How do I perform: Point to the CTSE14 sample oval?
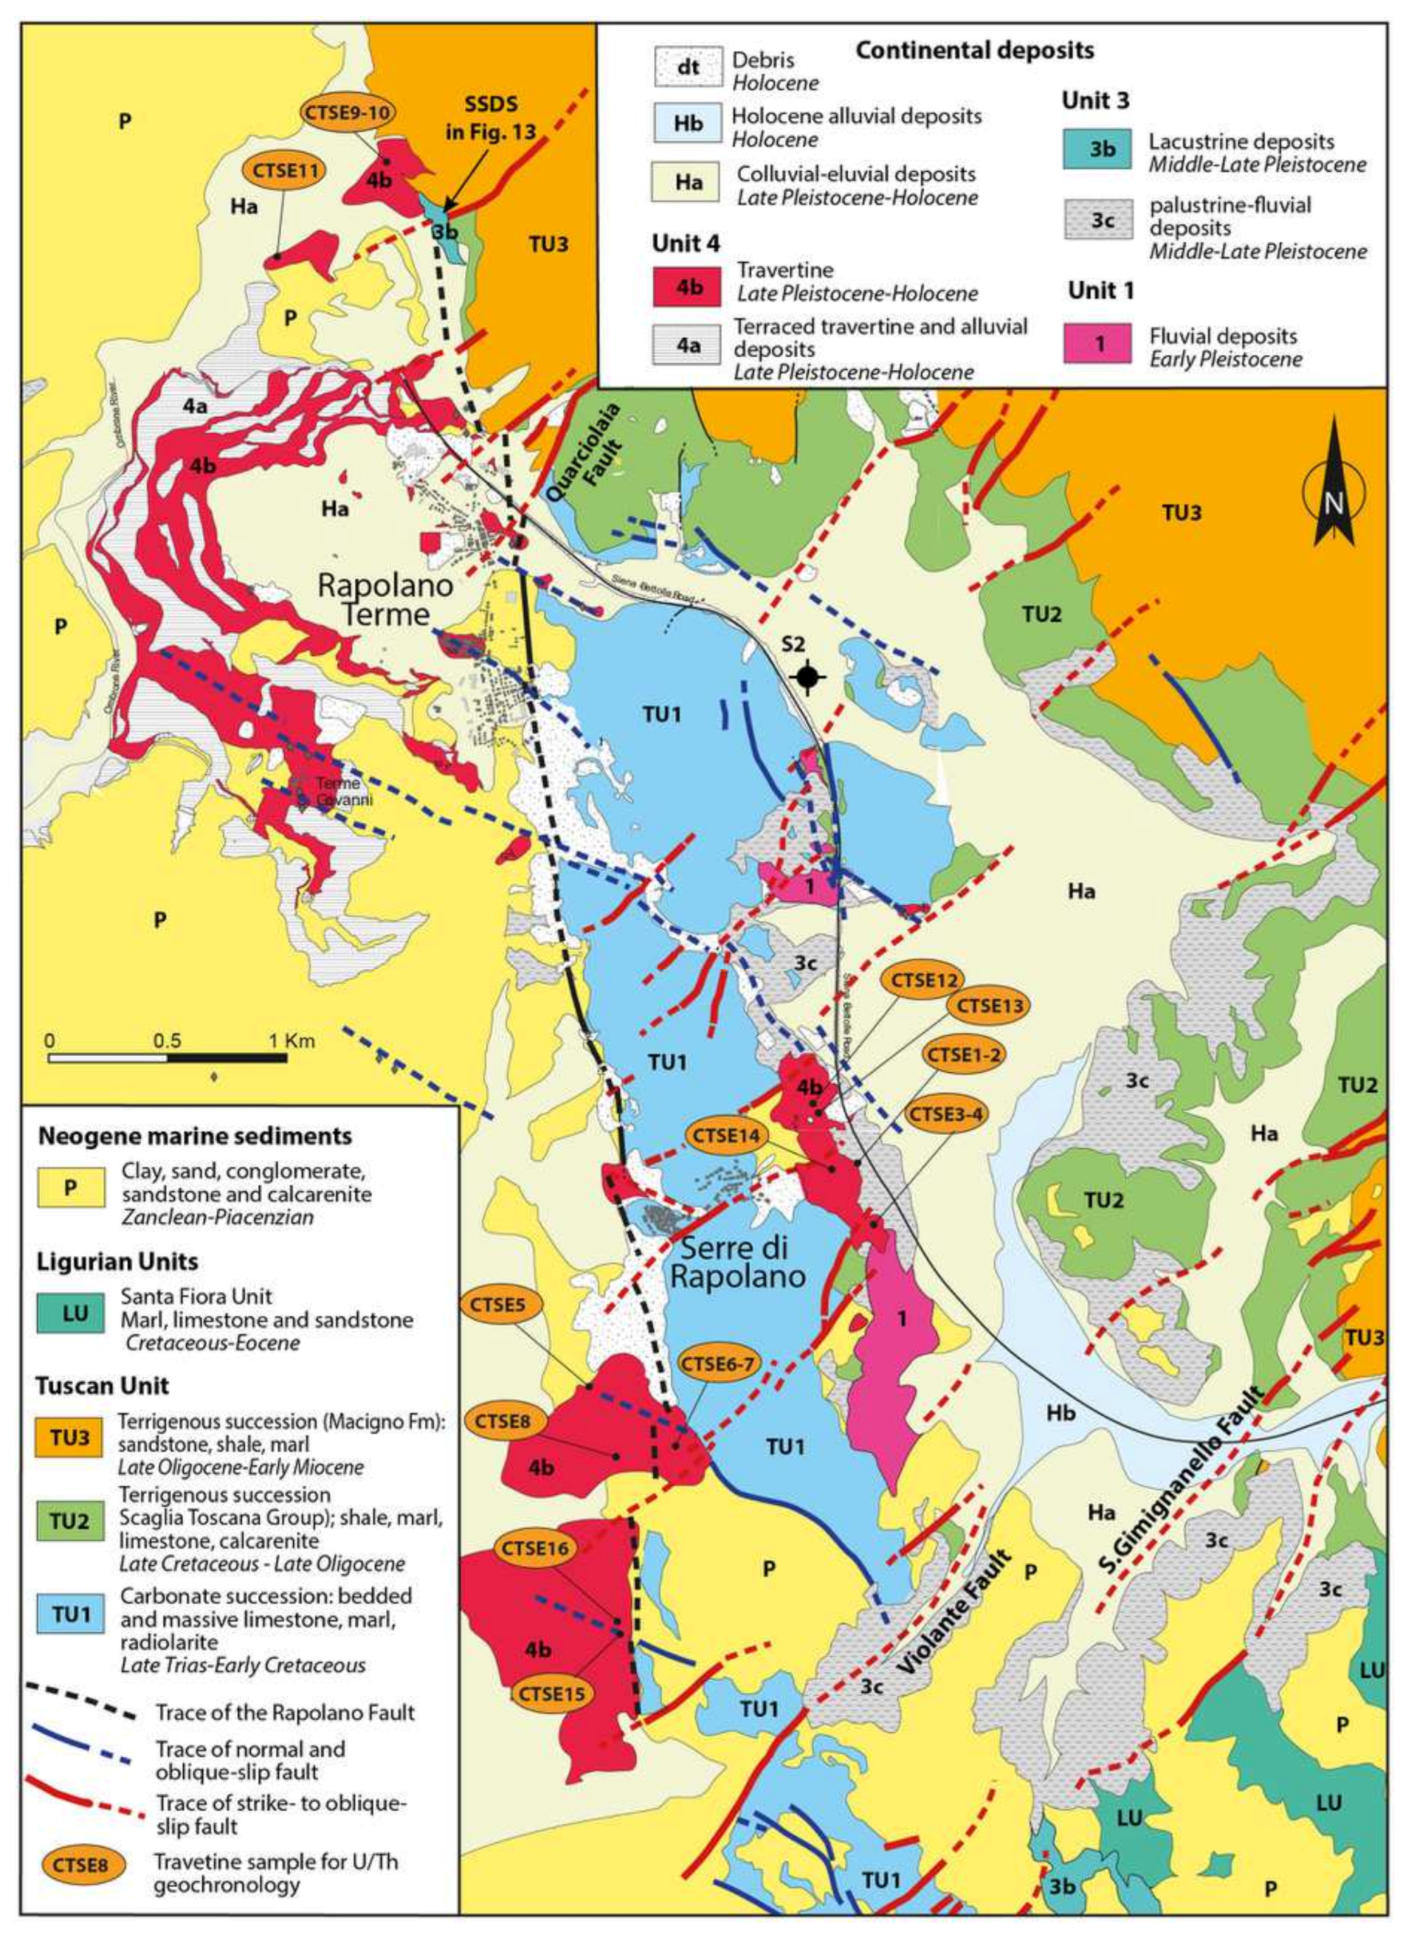pyautogui.click(x=726, y=1136)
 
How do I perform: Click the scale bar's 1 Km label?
pyautogui.click(x=291, y=1041)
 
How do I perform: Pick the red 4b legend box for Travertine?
pyautogui.click(x=685, y=287)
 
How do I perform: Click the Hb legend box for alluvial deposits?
pyautogui.click(x=685, y=123)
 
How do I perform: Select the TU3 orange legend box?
pyautogui.click(x=69, y=1437)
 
